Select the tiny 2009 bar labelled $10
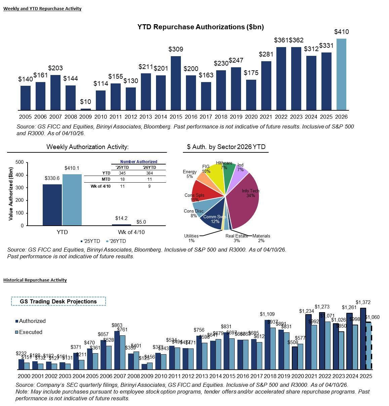[86, 109]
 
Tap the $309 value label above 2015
[176, 49]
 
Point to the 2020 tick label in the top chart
[251, 117]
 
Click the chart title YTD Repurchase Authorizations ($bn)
[200, 27]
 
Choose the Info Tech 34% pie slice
[244, 202]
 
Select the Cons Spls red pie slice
[205, 190]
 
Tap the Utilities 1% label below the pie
[191, 238]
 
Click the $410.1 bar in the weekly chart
[72, 200]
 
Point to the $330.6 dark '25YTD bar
[52, 205]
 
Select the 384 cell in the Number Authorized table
[149, 173]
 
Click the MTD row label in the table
[106, 179]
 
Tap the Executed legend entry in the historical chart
[31, 332]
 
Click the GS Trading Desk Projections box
[59, 301]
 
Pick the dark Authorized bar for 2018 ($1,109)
[267, 344]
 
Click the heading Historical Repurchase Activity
[35, 280]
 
